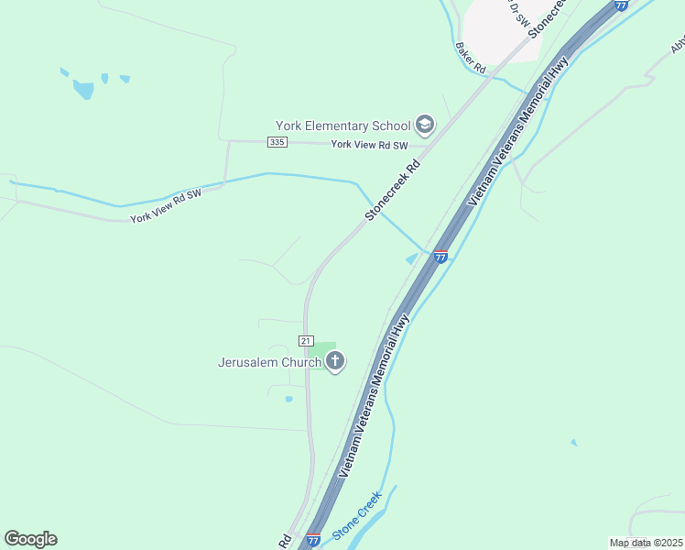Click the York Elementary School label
(343, 126)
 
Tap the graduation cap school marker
(425, 124)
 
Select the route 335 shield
(277, 142)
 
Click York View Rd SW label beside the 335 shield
(368, 145)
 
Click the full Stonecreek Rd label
(393, 190)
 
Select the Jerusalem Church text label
(269, 362)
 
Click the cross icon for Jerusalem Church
(335, 361)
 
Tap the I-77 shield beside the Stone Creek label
(313, 540)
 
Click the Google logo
(30, 539)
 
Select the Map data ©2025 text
(646, 543)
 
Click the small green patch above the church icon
(321, 347)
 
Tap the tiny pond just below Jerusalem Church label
(288, 399)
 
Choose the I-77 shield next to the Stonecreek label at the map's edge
(621, 5)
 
